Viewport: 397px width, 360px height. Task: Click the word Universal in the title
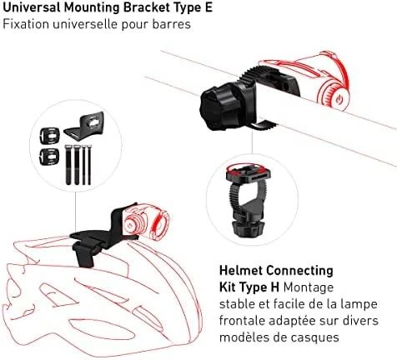tap(31, 7)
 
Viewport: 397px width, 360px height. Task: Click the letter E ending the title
tap(209, 7)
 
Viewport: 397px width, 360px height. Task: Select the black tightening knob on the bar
tap(219, 107)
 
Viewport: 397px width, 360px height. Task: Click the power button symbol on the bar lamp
tap(338, 99)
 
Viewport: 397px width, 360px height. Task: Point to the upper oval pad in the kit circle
tap(49, 136)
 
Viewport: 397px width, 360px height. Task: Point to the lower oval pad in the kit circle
tap(49, 157)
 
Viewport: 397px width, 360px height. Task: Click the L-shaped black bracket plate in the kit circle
tap(85, 125)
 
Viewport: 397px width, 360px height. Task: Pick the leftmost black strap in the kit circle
tap(68, 165)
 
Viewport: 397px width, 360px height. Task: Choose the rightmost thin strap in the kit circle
tap(89, 165)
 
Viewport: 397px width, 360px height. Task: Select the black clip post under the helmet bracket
tap(84, 254)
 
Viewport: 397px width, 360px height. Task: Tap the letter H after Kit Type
tap(274, 287)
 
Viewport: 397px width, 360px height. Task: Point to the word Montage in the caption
tap(309, 287)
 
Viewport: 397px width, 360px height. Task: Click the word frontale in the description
tap(242, 321)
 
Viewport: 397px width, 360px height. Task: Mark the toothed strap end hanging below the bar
tap(264, 126)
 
